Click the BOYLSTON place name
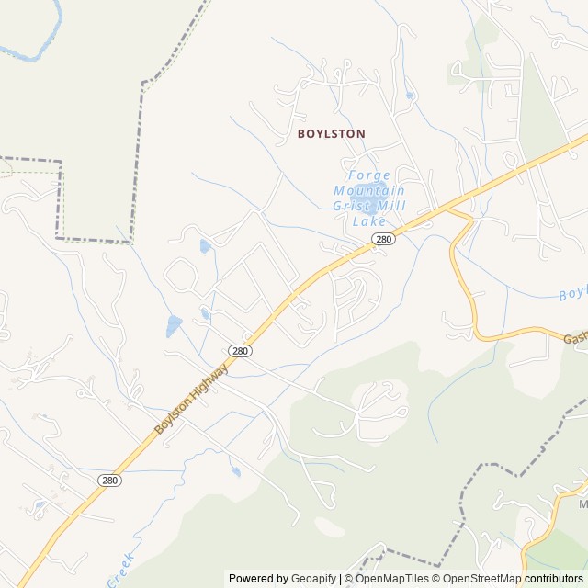[331, 133]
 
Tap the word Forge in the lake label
[368, 175]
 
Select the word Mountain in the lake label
[368, 191]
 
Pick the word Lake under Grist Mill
[368, 222]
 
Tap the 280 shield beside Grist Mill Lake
[384, 239]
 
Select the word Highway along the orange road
[210, 379]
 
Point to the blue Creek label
[120, 570]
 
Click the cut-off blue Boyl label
[572, 294]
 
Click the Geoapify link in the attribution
[314, 579]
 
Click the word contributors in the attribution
[554, 579]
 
